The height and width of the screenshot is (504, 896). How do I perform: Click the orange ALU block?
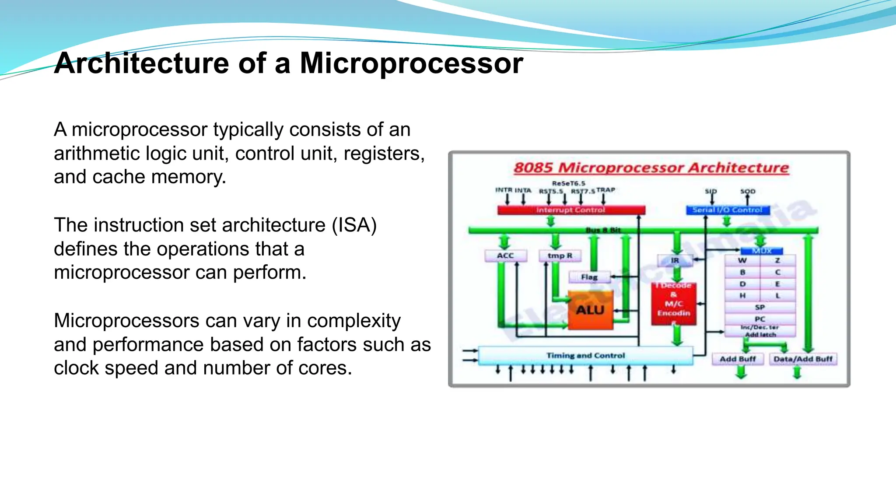click(590, 310)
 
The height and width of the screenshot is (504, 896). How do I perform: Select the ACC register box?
click(505, 255)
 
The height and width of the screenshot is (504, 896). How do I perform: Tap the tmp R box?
click(560, 255)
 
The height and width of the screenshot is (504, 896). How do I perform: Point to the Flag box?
click(589, 277)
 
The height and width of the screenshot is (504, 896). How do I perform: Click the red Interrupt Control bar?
click(571, 210)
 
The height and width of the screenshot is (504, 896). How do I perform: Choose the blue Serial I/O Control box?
click(727, 210)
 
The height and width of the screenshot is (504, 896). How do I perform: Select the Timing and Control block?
click(585, 356)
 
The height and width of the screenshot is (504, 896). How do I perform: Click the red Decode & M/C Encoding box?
click(674, 304)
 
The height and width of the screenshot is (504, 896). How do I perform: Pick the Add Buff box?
click(738, 359)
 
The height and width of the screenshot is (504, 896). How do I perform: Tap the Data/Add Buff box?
click(803, 359)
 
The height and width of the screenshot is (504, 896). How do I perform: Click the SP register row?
click(760, 307)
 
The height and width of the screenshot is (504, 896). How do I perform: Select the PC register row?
click(760, 319)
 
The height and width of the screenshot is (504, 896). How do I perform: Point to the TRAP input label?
click(605, 190)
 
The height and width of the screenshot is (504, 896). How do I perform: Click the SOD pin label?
click(748, 191)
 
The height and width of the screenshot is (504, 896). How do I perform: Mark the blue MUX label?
click(762, 251)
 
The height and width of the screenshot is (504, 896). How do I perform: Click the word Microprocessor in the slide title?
click(411, 63)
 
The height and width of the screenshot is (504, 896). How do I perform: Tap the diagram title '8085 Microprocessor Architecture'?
click(651, 168)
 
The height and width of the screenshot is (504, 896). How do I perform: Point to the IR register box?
click(675, 261)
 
